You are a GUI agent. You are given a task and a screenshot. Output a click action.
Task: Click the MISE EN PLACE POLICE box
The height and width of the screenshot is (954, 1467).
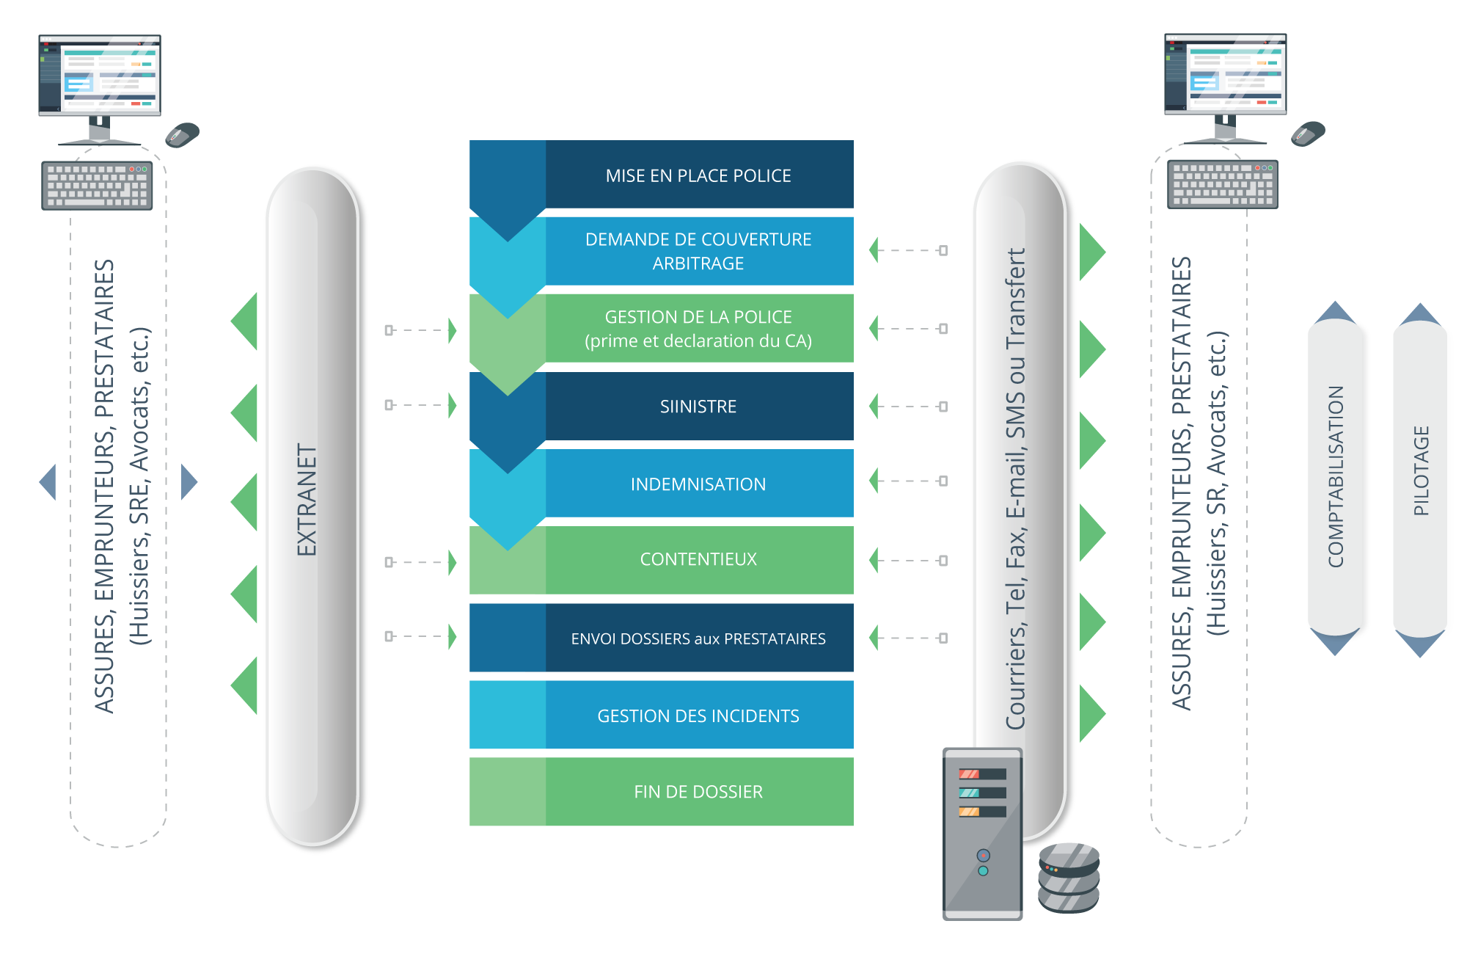tap(698, 175)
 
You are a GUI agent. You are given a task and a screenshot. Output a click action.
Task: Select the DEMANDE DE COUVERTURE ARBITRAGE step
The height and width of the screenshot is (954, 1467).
tap(698, 251)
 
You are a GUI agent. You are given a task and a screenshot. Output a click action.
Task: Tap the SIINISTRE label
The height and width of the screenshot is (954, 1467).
tap(698, 407)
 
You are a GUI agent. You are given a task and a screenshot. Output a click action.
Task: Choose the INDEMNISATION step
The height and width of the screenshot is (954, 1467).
tap(698, 484)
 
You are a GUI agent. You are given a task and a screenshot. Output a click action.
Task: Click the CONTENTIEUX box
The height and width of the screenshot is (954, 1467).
tap(698, 559)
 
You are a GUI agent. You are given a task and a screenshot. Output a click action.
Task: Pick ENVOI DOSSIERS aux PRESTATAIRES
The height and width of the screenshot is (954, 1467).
tap(698, 638)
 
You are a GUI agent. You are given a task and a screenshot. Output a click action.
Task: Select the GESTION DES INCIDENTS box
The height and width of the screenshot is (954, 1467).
tap(698, 715)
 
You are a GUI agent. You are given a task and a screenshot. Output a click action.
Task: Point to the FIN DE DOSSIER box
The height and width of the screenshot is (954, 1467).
tap(698, 792)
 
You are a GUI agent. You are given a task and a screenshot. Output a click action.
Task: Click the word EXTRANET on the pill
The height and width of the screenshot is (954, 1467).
tap(307, 499)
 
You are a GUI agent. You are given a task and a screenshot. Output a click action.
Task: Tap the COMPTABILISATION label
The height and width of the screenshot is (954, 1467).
tap(1336, 477)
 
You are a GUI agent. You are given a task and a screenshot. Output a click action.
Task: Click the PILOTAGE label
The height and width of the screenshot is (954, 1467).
tap(1421, 471)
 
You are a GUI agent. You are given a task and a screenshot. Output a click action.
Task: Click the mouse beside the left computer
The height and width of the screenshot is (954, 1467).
tap(182, 134)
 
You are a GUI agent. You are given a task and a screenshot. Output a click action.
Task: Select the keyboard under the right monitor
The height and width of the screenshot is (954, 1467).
tap(1222, 184)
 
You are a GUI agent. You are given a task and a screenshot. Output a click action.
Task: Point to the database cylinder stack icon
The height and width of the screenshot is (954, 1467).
tap(1069, 878)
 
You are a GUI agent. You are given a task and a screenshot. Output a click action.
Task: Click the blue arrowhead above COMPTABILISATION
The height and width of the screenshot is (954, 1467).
tap(1335, 313)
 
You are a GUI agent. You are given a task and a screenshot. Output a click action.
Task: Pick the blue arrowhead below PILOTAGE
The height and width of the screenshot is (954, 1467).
tap(1420, 644)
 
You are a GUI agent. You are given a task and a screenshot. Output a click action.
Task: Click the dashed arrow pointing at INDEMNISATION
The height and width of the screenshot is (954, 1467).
tap(908, 481)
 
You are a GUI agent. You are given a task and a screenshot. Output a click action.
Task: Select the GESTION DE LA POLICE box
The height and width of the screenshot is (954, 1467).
tap(698, 329)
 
